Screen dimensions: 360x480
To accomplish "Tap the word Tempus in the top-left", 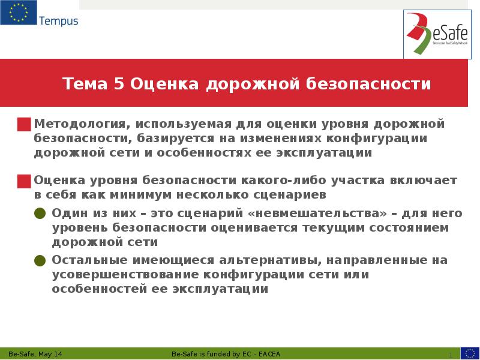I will (x=58, y=22).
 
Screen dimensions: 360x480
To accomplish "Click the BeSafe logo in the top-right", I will (x=436, y=34).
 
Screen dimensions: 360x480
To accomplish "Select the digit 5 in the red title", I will (x=118, y=84).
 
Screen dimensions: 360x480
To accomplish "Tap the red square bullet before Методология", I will (x=24, y=125).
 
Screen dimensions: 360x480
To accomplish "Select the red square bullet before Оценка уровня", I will (x=24, y=181).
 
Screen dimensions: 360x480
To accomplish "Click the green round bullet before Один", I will (x=40, y=214).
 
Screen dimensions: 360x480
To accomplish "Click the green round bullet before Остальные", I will (x=40, y=261).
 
